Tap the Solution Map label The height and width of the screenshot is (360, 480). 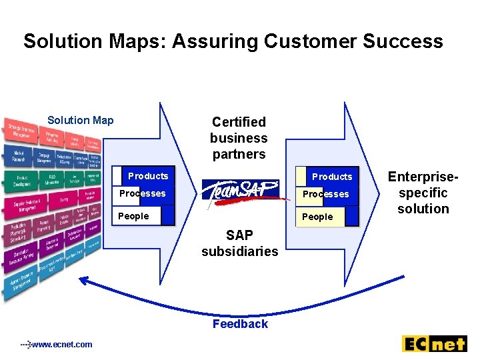pos(81,121)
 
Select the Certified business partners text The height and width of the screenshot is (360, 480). pos(239,138)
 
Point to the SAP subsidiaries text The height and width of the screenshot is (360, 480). pos(240,243)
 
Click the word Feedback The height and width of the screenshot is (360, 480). pos(240,324)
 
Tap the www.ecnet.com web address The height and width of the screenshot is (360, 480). pos(61,344)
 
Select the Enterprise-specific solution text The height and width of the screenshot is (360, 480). pos(423,193)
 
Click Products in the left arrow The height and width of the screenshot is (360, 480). pos(148,176)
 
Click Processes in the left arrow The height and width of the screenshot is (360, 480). pos(142,194)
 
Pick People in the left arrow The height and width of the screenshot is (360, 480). pos(133,216)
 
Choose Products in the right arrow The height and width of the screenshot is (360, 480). pos(332,177)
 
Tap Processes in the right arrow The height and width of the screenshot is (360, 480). pos(326,195)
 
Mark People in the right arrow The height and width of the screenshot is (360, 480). pos(317,217)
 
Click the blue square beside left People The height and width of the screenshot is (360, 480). pos(167,215)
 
